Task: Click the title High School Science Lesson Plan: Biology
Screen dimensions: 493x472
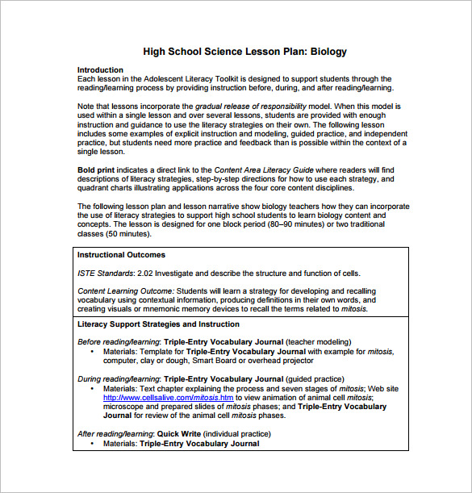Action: coord(244,52)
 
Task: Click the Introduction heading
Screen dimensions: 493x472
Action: coord(100,70)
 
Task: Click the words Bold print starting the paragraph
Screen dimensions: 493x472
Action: coord(95,170)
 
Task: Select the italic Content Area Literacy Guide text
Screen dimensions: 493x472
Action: coord(262,170)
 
